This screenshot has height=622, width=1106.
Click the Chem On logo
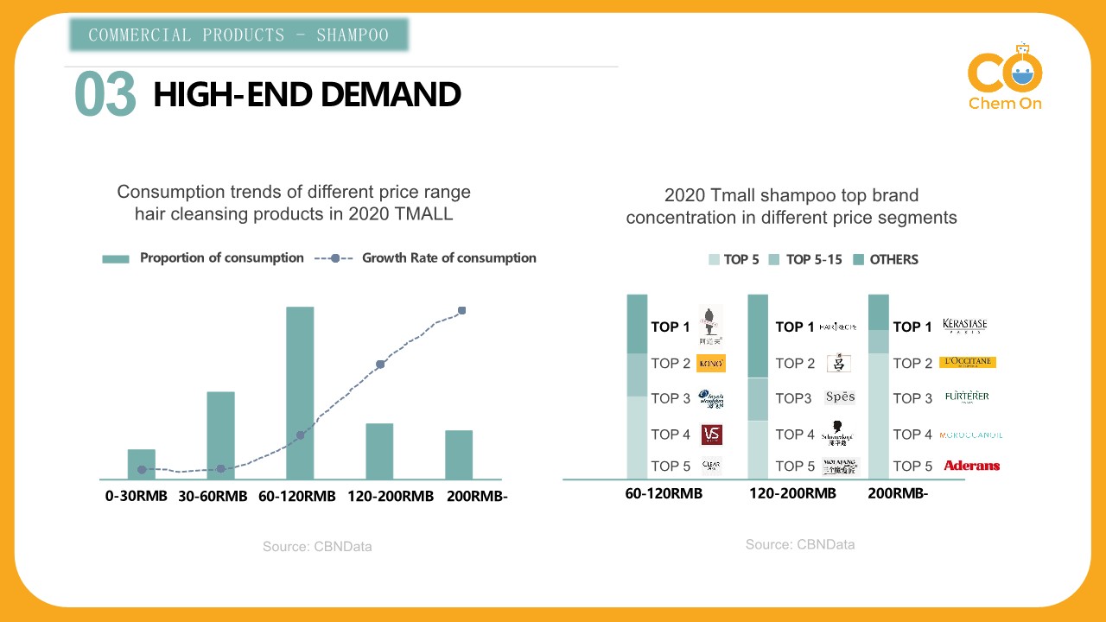1005,78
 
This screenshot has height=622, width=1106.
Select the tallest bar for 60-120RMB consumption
300,393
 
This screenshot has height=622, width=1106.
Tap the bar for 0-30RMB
142,464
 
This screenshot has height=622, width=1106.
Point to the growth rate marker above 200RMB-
462,310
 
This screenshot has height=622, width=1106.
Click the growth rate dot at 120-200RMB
380,365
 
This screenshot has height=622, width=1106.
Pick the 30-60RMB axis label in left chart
213,497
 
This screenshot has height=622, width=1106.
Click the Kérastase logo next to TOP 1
965,326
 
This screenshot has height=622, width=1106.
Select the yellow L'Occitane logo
967,363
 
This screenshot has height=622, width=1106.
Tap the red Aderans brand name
971,466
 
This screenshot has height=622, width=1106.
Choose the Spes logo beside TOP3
840,397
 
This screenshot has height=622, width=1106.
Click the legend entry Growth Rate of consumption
448,257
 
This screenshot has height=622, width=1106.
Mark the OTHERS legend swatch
859,259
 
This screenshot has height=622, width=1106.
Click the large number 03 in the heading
105,94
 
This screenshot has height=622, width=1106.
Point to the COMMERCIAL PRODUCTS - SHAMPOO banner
238,35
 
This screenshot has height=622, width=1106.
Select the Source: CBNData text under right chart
800,544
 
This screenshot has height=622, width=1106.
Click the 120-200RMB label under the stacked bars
792,494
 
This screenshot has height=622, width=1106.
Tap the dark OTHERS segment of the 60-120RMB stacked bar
637,324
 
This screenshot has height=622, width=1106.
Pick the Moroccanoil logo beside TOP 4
970,435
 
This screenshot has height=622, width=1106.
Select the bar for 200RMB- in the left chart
459,454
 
